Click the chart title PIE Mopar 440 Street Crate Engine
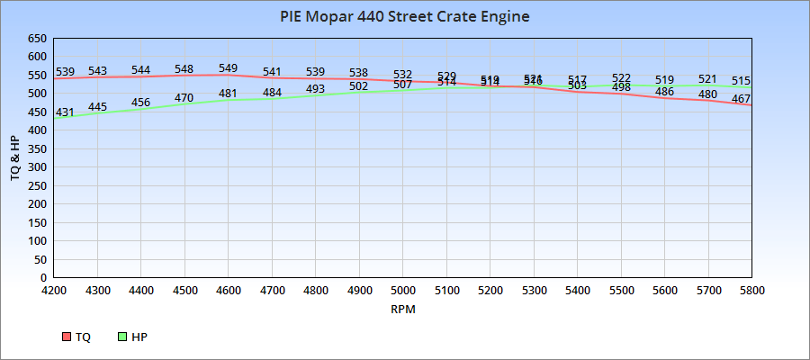point(404,16)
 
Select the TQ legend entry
point(76,337)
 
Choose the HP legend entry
point(132,337)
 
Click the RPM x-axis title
point(402,309)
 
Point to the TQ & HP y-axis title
point(15,158)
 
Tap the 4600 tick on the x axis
point(229,291)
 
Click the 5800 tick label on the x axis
point(751,291)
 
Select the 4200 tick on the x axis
point(54,291)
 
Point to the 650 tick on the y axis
point(37,39)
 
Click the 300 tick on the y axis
point(37,167)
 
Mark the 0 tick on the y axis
point(43,278)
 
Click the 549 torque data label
point(228,68)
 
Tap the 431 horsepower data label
point(65,112)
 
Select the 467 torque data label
point(741,98)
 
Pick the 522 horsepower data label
point(621,78)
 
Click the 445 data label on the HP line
point(97,107)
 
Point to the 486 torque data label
point(664,92)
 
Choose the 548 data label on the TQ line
point(184,69)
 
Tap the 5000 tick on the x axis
point(403,291)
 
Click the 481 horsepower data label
point(228,94)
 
